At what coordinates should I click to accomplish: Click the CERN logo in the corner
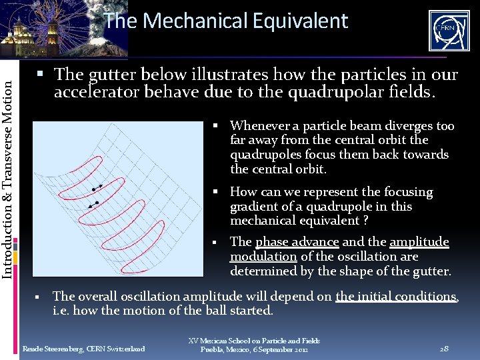pos(449,31)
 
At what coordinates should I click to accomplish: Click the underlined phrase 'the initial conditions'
pos(396,297)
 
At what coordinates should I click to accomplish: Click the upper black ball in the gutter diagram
pos(94,190)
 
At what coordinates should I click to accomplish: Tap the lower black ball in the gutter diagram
pos(97,202)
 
